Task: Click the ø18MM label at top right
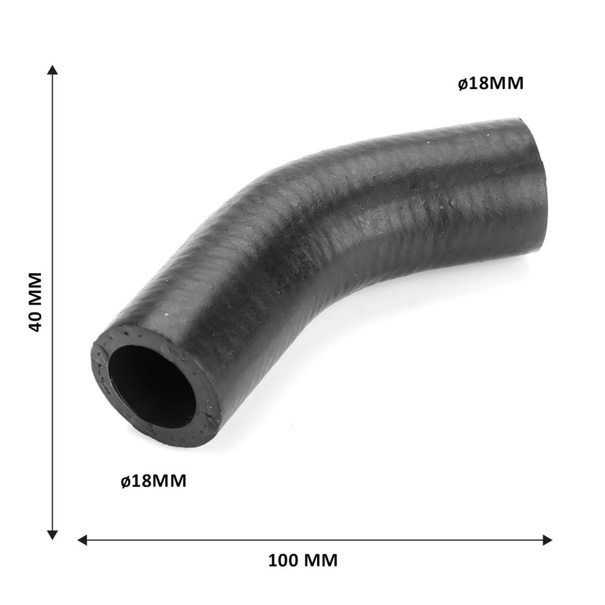(491, 83)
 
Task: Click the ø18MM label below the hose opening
(153, 481)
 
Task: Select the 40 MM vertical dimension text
(34, 302)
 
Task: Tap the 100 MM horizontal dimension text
(302, 560)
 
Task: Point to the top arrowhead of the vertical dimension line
(52, 70)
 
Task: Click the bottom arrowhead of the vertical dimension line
(52, 535)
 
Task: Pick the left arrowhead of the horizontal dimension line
(82, 540)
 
